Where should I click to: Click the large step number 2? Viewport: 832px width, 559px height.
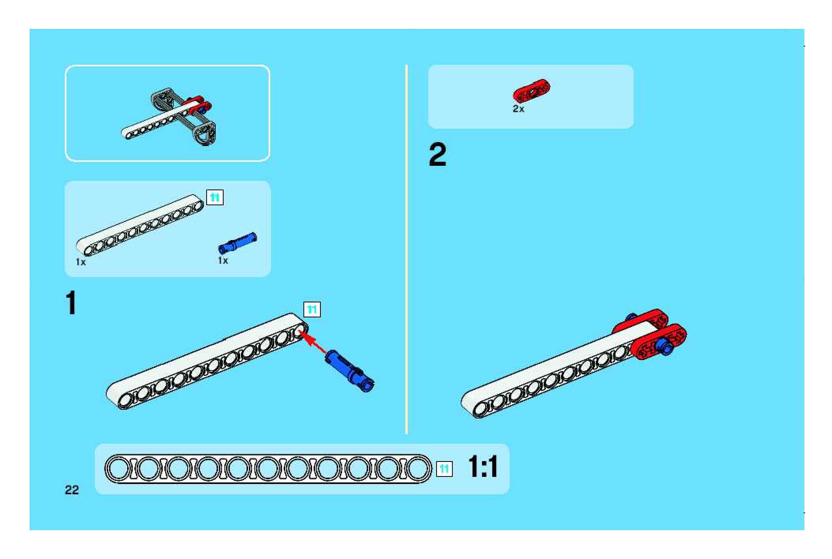pyautogui.click(x=437, y=155)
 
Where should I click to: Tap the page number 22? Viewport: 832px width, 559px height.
pyautogui.click(x=72, y=490)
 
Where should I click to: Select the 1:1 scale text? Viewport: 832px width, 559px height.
pyautogui.click(x=483, y=467)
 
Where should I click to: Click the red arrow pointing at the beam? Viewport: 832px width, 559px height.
pyautogui.click(x=314, y=343)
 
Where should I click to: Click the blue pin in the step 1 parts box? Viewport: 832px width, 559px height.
pyautogui.click(x=237, y=242)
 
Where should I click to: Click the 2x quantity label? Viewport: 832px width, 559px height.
pyautogui.click(x=518, y=109)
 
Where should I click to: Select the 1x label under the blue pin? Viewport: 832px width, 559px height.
pyautogui.click(x=223, y=261)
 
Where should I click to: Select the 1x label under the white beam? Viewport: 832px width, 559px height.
pyautogui.click(x=81, y=262)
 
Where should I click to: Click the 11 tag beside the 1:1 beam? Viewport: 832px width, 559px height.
pyautogui.click(x=444, y=469)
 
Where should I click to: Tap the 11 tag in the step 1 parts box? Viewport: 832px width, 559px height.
pyautogui.click(x=215, y=197)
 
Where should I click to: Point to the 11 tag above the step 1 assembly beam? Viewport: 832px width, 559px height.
pyautogui.click(x=312, y=310)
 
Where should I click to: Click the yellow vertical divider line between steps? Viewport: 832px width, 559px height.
pyautogui.click(x=406, y=249)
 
